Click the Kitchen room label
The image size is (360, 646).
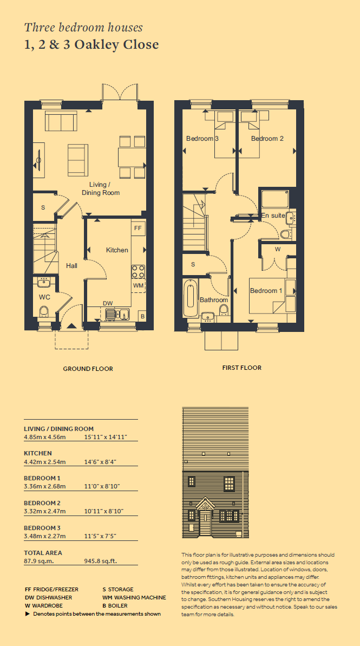(x=117, y=250)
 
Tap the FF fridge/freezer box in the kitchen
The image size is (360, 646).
(x=139, y=229)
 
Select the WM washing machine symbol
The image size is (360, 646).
(x=139, y=285)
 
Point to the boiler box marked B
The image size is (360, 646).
(x=142, y=316)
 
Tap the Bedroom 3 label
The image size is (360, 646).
(x=202, y=139)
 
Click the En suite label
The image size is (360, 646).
(x=273, y=215)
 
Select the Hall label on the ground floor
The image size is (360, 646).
(x=71, y=266)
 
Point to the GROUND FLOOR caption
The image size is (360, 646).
(x=88, y=369)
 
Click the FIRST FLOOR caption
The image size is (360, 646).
(x=242, y=368)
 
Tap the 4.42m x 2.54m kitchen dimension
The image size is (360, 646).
(x=45, y=462)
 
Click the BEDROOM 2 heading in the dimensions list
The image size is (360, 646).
(x=42, y=503)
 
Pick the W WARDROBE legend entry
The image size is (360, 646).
(x=44, y=605)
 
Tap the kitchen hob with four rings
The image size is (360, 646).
(x=139, y=271)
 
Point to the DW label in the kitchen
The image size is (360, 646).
(x=108, y=304)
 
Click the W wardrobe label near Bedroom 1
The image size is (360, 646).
(x=278, y=249)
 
